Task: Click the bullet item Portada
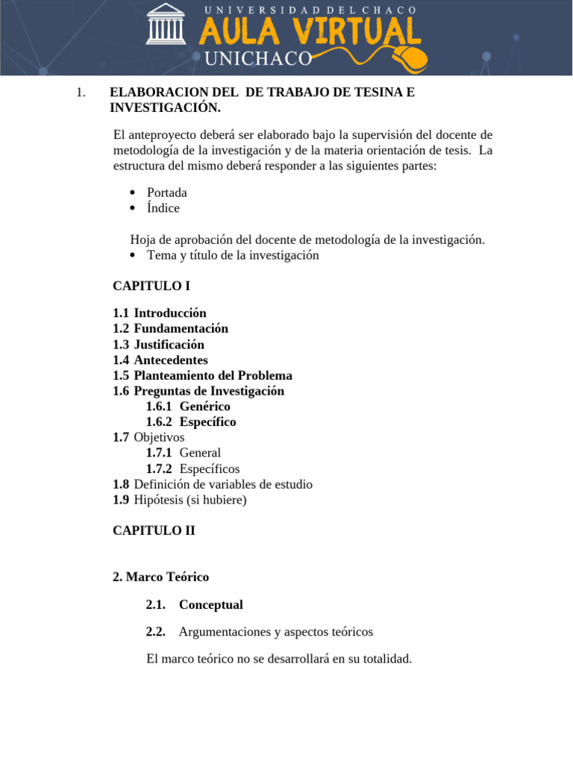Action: click(x=166, y=192)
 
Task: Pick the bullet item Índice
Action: click(x=163, y=208)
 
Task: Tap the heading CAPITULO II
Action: click(x=154, y=530)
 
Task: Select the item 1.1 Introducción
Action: click(x=160, y=313)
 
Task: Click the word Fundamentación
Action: click(x=181, y=328)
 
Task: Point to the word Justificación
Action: click(x=169, y=345)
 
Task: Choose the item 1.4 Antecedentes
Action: click(x=160, y=360)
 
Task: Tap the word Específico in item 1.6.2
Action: click(x=207, y=422)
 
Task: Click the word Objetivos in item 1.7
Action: click(x=159, y=437)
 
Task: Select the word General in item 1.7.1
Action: click(x=200, y=453)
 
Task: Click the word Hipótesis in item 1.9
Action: click(x=159, y=500)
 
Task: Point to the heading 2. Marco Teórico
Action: click(x=160, y=577)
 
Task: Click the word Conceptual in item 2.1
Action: click(x=210, y=604)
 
